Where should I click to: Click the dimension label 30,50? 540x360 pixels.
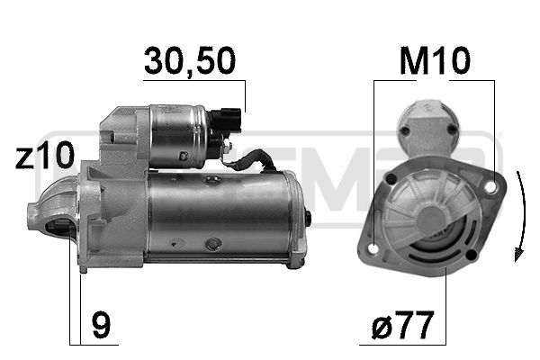point(189,61)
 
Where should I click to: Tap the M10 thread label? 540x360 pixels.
point(435,60)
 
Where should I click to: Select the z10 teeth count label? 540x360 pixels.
point(45,155)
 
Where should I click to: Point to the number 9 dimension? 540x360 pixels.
point(101,325)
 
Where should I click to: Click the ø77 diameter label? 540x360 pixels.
point(402,325)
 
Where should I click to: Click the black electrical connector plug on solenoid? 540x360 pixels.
point(226,121)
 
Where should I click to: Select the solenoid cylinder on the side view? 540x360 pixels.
point(179,136)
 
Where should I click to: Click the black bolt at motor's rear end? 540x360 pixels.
point(308,219)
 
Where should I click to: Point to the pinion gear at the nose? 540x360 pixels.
point(59,228)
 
